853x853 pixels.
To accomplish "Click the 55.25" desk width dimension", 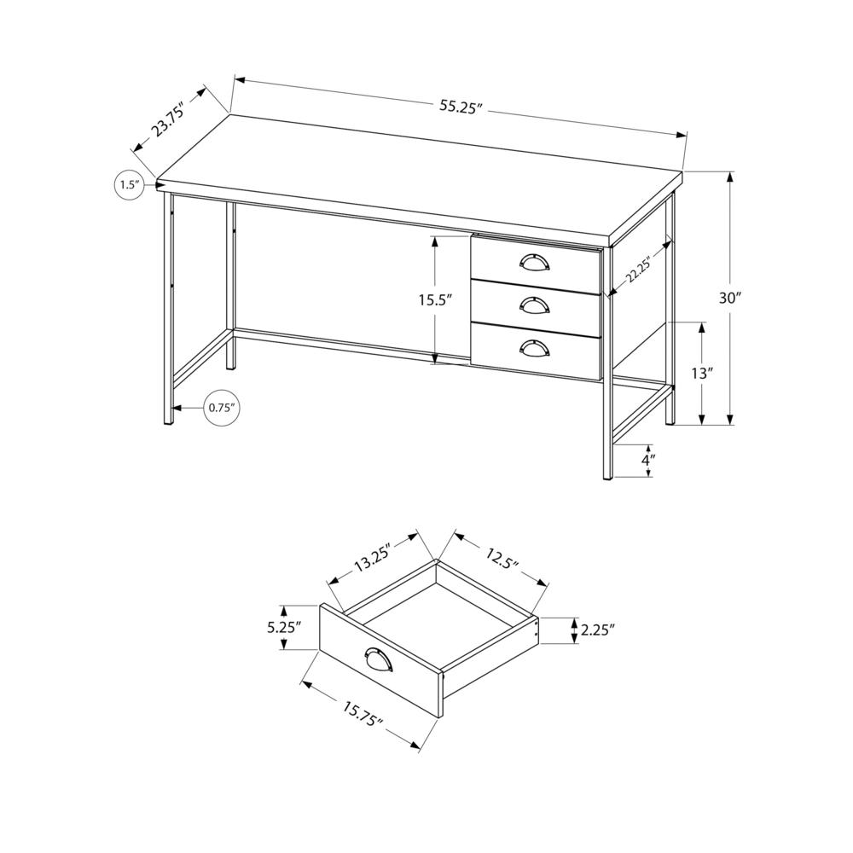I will [x=461, y=107].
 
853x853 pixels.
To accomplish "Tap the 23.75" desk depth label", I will [x=168, y=119].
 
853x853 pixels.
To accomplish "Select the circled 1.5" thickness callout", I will [x=128, y=185].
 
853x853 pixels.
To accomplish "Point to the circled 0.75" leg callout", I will [x=221, y=408].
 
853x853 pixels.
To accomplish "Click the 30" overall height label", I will [x=730, y=298].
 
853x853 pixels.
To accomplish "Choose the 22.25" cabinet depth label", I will [x=638, y=269].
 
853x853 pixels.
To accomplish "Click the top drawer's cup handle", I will [x=534, y=262].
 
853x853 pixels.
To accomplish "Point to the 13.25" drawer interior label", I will [x=370, y=563].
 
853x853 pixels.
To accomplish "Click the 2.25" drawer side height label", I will [x=598, y=630].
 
